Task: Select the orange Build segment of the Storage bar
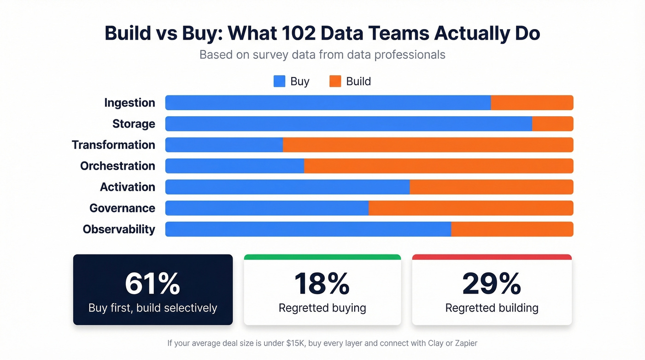(552, 124)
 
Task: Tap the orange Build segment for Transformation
(428, 145)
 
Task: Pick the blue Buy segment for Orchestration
(235, 166)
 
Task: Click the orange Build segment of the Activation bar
(491, 187)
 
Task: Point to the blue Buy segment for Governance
(267, 208)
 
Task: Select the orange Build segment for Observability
(512, 229)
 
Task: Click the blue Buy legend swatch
(280, 82)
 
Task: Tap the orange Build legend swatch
(335, 82)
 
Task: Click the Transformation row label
(113, 145)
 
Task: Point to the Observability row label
(119, 229)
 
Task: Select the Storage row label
(134, 124)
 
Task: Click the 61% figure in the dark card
(152, 283)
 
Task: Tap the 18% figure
(322, 283)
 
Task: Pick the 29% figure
(492, 283)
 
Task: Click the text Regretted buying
(322, 308)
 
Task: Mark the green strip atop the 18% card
(322, 257)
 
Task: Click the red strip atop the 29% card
(492, 257)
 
